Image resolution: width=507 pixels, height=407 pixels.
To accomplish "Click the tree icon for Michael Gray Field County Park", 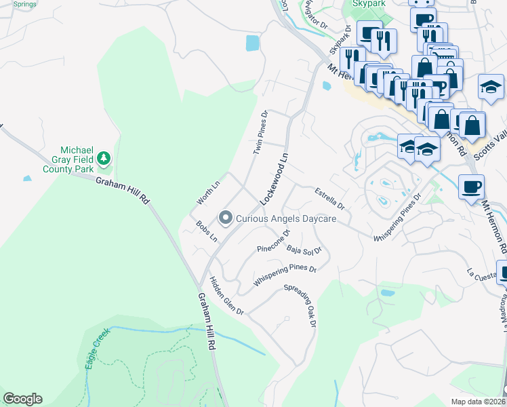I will pyautogui.click(x=104, y=159).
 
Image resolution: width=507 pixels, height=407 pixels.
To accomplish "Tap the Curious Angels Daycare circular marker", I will pyautogui.click(x=225, y=218).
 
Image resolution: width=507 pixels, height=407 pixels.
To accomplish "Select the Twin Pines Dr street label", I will pyautogui.click(x=261, y=133).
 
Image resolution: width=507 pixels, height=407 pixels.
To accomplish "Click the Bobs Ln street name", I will pyautogui.click(x=206, y=231).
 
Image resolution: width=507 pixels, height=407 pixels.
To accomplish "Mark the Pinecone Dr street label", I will pyautogui.click(x=274, y=241).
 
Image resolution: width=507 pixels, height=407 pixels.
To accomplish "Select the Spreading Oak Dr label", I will pyautogui.click(x=300, y=305).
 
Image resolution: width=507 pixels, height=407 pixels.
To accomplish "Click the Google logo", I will pyautogui.click(x=22, y=399).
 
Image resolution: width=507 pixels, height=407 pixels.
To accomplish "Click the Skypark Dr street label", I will pyautogui.click(x=338, y=41).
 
